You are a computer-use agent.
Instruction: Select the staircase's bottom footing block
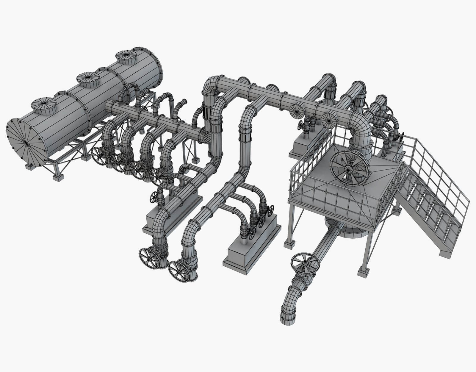[x=446, y=253]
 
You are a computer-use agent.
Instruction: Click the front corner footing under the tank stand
[x=57, y=177]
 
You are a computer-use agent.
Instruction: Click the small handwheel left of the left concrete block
[x=154, y=196]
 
